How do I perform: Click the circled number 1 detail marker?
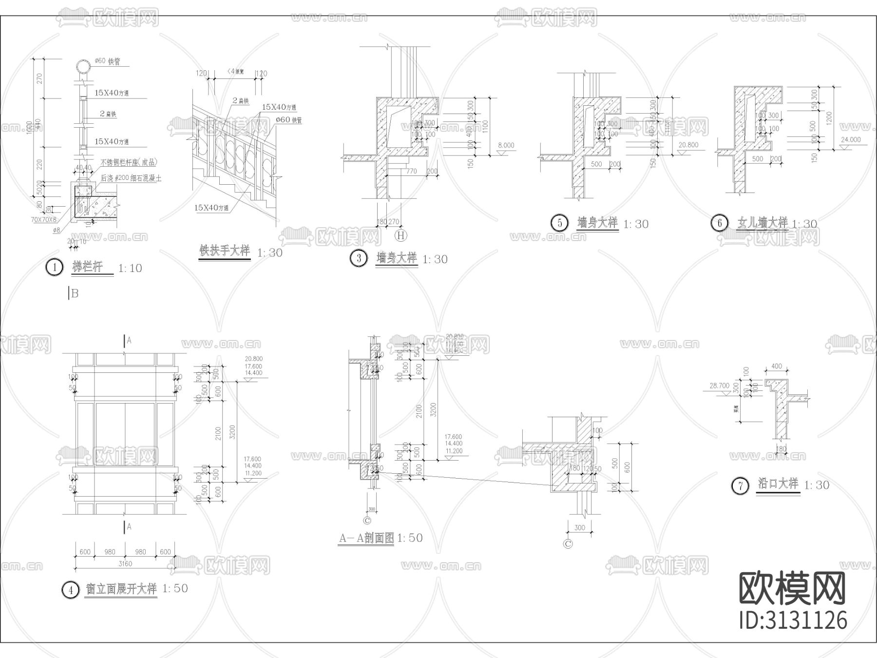coord(55,268)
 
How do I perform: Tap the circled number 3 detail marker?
coord(359,258)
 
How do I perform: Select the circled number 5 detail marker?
coord(559,223)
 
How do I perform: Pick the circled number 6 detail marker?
coord(719,223)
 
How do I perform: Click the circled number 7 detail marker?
coord(740,486)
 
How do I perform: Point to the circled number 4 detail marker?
coord(70,590)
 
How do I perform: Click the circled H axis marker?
coord(401,236)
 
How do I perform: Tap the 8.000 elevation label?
coord(506,145)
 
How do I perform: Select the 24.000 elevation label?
coord(851,139)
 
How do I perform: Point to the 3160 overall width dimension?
coord(125,563)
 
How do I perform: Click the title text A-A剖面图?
coord(366,538)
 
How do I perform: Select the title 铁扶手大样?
coord(225,251)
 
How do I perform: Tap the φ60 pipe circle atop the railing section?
coord(83,67)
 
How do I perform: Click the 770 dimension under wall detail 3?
coord(411,171)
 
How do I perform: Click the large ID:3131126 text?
coord(793,620)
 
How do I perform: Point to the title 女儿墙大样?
coord(762,223)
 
